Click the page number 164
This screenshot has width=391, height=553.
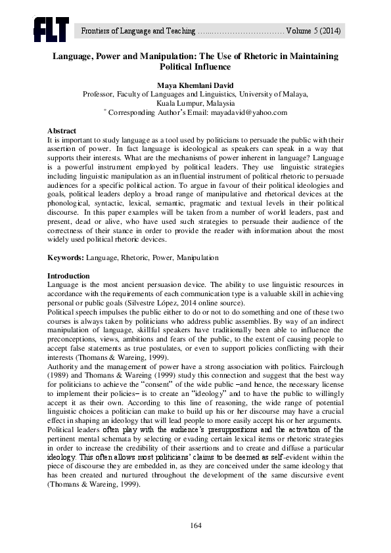click(x=195, y=525)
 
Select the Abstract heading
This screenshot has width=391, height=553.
click(x=62, y=131)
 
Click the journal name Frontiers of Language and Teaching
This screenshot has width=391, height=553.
click(x=137, y=31)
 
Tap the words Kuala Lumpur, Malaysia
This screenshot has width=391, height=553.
click(x=195, y=103)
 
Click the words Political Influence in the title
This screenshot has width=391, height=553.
click(x=195, y=67)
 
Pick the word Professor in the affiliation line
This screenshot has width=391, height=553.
click(x=97, y=94)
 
